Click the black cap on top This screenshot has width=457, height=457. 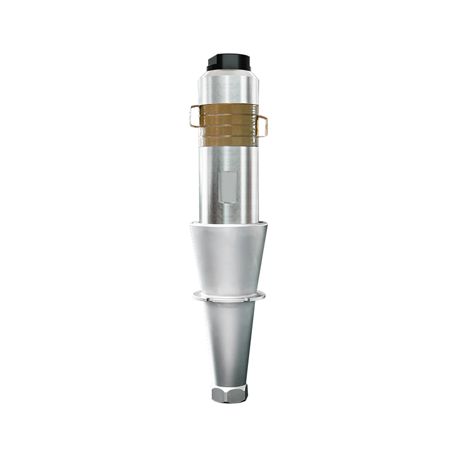pos(228,59)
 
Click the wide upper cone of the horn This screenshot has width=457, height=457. pos(228,257)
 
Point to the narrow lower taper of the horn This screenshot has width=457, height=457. pos(228,343)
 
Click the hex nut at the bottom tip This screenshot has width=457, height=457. pos(229,394)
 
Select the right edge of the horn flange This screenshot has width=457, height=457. pos(263,295)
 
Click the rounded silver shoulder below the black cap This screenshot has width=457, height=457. pos(228,71)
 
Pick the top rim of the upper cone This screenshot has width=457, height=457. pos(228,225)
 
